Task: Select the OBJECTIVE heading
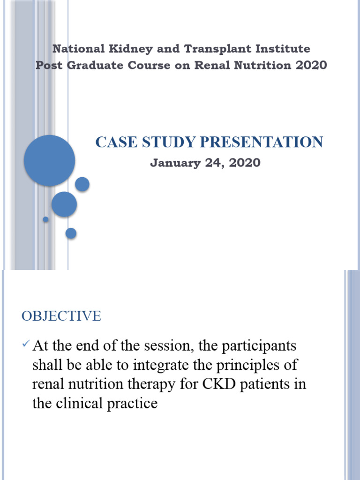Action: pos(61,316)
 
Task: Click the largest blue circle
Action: pos(49,160)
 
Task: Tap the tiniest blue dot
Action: pos(45,219)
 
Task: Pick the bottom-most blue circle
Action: pos(71,233)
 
